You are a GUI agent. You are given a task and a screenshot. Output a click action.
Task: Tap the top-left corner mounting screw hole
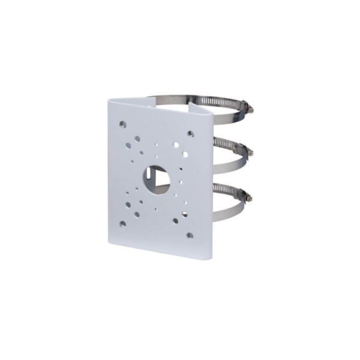tap(123, 124)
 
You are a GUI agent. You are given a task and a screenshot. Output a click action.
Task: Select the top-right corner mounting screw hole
tap(190, 134)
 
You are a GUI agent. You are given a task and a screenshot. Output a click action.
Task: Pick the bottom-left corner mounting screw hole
tap(123, 224)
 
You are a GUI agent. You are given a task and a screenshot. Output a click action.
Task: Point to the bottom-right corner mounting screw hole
tap(190, 235)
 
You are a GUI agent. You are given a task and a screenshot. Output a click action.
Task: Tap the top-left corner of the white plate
tap(112, 98)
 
